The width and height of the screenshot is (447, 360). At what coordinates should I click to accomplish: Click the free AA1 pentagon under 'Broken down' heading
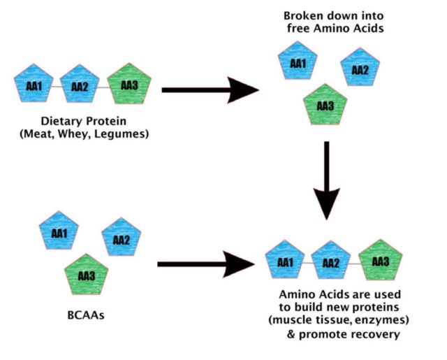pos(298,64)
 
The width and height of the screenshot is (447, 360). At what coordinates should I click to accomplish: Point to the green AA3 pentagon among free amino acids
pos(324,106)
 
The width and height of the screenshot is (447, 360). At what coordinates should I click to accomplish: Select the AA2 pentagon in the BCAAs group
pos(121,240)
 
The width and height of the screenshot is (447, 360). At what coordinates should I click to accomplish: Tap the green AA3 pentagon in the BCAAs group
pos(85,275)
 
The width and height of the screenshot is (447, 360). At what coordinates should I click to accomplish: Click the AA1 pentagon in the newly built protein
pos(285,263)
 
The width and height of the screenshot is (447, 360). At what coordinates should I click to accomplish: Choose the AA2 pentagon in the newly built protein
pos(331,263)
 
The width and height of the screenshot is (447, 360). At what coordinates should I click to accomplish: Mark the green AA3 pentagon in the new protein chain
pos(381,262)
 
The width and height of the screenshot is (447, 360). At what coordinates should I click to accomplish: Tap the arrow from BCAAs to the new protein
pos(205,264)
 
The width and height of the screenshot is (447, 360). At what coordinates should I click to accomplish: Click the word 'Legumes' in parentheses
pos(122,134)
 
